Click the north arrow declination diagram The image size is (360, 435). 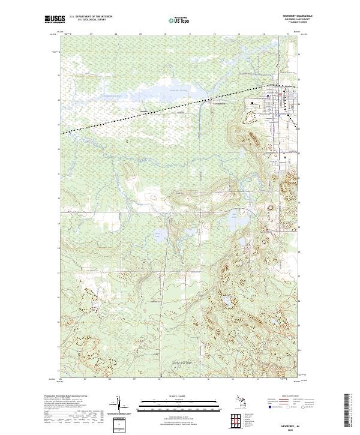(121, 405)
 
